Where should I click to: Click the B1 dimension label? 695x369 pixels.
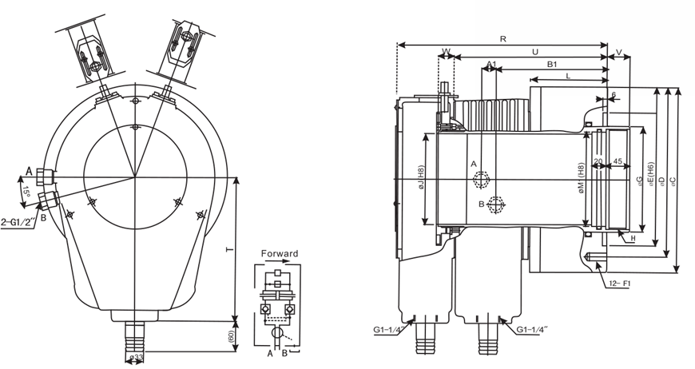[551, 64]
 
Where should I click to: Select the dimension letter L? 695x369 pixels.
[568, 75]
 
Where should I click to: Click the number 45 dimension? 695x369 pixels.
[617, 161]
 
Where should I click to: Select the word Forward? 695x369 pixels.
[280, 254]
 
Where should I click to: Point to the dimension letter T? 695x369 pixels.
[230, 251]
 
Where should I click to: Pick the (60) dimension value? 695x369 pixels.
[232, 335]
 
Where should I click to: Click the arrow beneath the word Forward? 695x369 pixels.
[280, 264]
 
